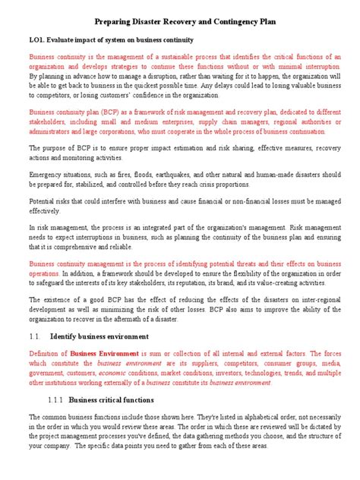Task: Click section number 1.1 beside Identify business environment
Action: [x=34, y=335]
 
